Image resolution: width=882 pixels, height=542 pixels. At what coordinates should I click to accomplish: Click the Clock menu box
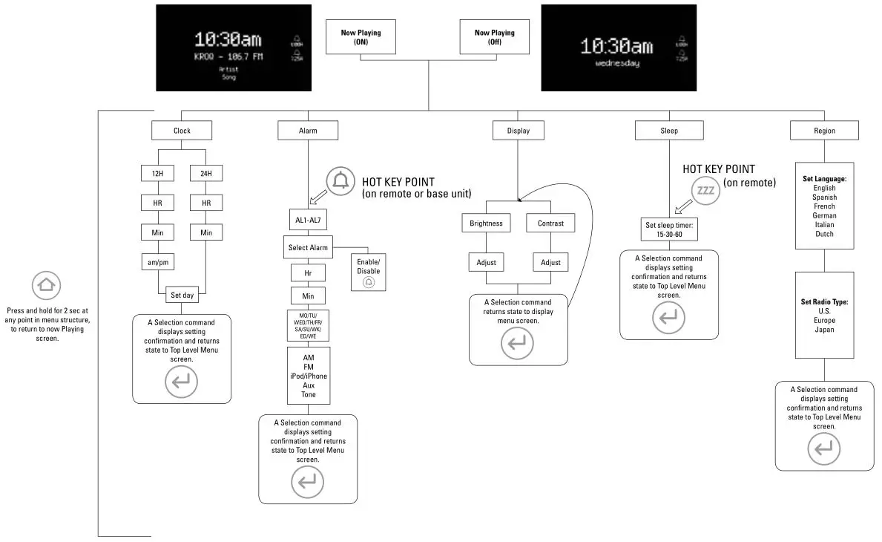point(182,131)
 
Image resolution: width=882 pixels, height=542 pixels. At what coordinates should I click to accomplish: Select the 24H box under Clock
point(205,173)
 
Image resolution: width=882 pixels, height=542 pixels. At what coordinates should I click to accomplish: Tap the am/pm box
point(157,262)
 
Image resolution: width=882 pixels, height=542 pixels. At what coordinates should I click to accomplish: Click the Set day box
point(182,295)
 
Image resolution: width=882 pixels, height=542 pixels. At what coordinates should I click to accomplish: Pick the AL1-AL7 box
point(308,220)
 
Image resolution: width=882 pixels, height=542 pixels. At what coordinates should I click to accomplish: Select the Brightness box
point(486,223)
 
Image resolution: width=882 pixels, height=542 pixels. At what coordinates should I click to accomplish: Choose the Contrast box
point(550,223)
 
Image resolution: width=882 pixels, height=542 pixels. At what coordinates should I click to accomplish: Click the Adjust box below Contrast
point(550,262)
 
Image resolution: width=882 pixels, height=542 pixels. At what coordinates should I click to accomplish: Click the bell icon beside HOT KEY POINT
point(341,181)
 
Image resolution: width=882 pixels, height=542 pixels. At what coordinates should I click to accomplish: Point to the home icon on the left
point(47,285)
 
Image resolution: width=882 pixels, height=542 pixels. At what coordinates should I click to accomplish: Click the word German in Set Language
point(824,215)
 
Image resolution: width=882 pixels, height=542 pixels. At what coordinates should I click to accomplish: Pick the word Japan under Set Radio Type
point(824,330)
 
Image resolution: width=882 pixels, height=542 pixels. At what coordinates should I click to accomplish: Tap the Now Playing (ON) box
point(361,37)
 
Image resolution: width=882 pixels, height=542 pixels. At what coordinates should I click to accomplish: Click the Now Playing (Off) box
point(494,37)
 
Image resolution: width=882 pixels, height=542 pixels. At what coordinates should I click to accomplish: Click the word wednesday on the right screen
point(617,64)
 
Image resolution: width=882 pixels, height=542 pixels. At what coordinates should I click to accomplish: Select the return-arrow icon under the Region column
point(824,449)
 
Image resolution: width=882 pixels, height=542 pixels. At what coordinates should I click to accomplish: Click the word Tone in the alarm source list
point(309,394)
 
